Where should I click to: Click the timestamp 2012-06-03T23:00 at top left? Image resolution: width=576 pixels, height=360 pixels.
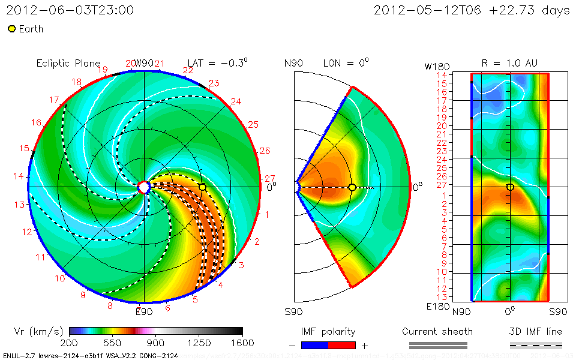pyautogui.click(x=70, y=10)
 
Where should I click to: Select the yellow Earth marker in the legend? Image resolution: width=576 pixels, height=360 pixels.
pyautogui.click(x=11, y=29)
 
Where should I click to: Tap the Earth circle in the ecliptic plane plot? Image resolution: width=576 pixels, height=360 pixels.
pyautogui.click(x=203, y=187)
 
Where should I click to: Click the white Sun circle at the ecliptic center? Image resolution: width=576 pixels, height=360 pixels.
pyautogui.click(x=144, y=187)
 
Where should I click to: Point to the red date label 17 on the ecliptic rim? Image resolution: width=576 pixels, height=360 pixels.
pyautogui.click(x=54, y=100)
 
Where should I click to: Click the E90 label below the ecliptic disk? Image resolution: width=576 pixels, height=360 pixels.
pyautogui.click(x=144, y=311)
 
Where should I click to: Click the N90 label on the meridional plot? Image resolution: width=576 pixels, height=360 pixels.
pyautogui.click(x=294, y=63)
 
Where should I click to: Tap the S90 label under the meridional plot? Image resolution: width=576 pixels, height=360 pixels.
pyautogui.click(x=294, y=312)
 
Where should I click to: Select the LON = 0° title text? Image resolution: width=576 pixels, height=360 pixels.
pyautogui.click(x=346, y=62)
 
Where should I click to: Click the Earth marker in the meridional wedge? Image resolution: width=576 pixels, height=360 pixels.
pyautogui.click(x=352, y=188)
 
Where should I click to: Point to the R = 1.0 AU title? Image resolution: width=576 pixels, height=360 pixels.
pyautogui.click(x=509, y=62)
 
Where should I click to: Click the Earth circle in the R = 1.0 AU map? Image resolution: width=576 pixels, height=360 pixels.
pyautogui.click(x=510, y=187)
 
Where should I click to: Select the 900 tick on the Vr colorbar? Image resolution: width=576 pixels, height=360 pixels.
pyautogui.click(x=156, y=343)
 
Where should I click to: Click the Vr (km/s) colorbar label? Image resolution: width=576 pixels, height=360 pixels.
pyautogui.click(x=38, y=331)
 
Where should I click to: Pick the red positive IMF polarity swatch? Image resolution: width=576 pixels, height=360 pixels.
pyautogui.click(x=342, y=345)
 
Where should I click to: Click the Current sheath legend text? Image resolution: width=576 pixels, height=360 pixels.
pyautogui.click(x=437, y=331)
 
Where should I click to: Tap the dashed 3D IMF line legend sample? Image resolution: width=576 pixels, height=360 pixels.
pyautogui.click(x=536, y=345)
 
